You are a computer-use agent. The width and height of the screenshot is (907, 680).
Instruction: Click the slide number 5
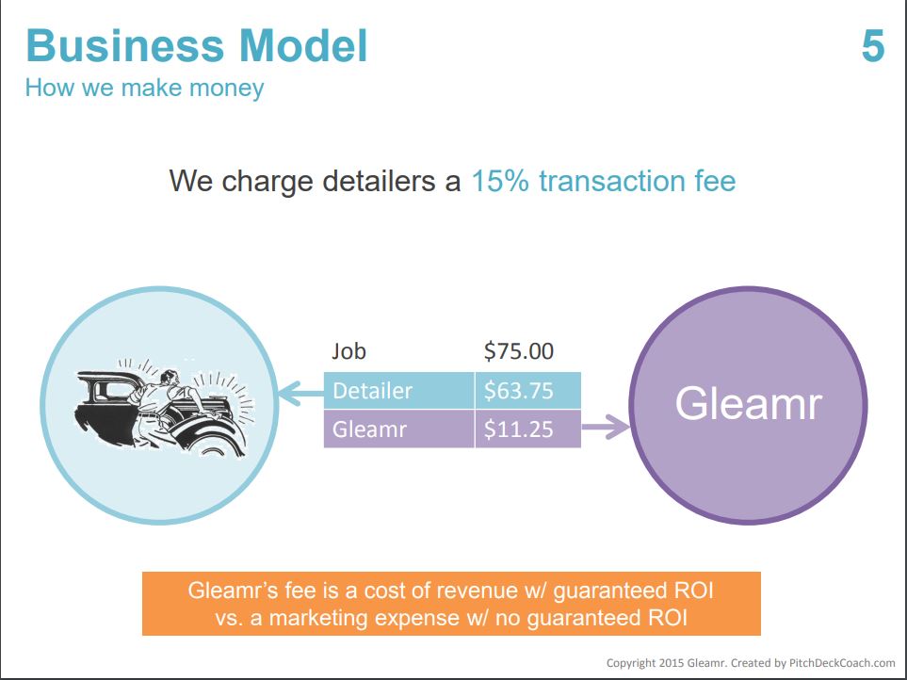point(873,46)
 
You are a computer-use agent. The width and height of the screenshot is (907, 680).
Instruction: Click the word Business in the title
point(125,46)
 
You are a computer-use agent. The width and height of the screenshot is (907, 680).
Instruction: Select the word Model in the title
point(303,46)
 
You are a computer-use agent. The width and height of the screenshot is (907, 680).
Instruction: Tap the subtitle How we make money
point(145,89)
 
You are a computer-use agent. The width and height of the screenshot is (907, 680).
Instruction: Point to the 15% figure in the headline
point(500,181)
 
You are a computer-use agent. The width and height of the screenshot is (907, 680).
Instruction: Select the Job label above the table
point(348,351)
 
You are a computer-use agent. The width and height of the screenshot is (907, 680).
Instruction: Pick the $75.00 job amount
point(519,351)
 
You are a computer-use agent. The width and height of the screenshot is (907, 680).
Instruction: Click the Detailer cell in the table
point(399,391)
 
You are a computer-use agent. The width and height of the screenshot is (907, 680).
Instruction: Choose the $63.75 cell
point(527,391)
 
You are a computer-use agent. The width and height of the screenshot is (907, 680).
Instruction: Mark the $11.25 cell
point(527,429)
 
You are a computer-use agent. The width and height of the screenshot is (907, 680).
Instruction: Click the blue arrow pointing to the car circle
point(301,393)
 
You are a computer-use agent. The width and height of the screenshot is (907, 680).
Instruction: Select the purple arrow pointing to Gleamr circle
point(605,428)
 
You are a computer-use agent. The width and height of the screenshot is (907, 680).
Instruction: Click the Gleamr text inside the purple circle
point(749,404)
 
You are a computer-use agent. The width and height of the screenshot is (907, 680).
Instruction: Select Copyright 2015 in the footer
point(645,663)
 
